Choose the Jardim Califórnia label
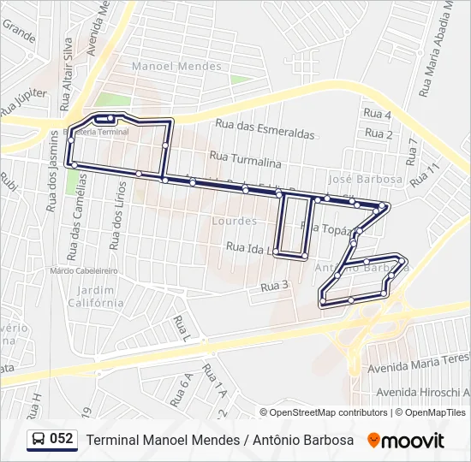[x=96, y=296]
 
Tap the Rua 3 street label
[x=274, y=286]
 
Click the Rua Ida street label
[x=248, y=246]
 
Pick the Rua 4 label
[x=378, y=115]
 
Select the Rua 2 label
[x=379, y=133]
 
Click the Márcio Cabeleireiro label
[x=83, y=270]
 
